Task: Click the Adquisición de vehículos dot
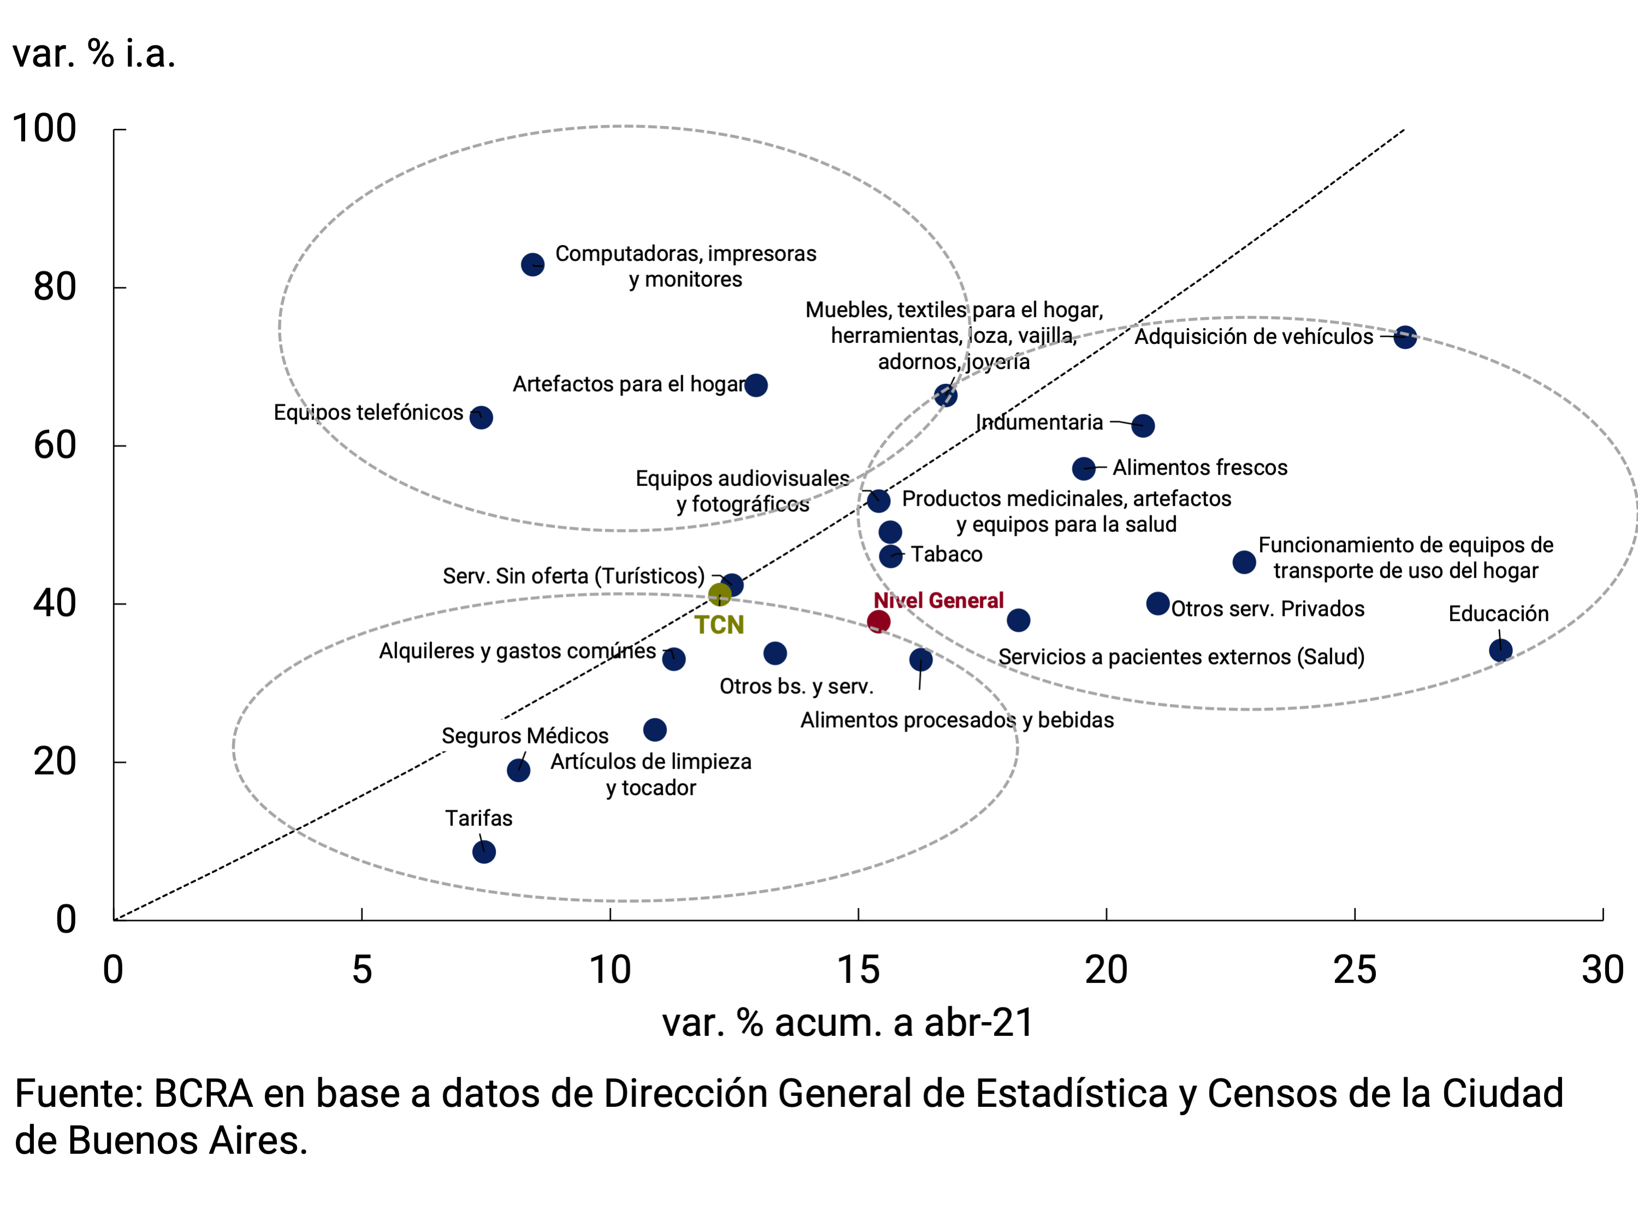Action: pyautogui.click(x=1405, y=337)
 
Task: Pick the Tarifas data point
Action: pyautogui.click(x=483, y=852)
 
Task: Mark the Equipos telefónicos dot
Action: pyautogui.click(x=481, y=418)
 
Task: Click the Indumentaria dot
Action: pyautogui.click(x=1143, y=425)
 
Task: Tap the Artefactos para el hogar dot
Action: pyautogui.click(x=755, y=385)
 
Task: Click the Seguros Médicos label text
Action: pyautogui.click(x=524, y=736)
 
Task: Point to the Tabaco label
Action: pyautogui.click(x=947, y=554)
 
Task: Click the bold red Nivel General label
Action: pyautogui.click(x=938, y=600)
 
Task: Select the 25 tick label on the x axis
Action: pyautogui.click(x=1355, y=970)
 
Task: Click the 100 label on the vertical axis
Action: pyautogui.click(x=44, y=129)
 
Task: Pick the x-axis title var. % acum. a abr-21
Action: pyautogui.click(x=848, y=1023)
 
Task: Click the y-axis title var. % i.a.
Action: pyautogui.click(x=94, y=54)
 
